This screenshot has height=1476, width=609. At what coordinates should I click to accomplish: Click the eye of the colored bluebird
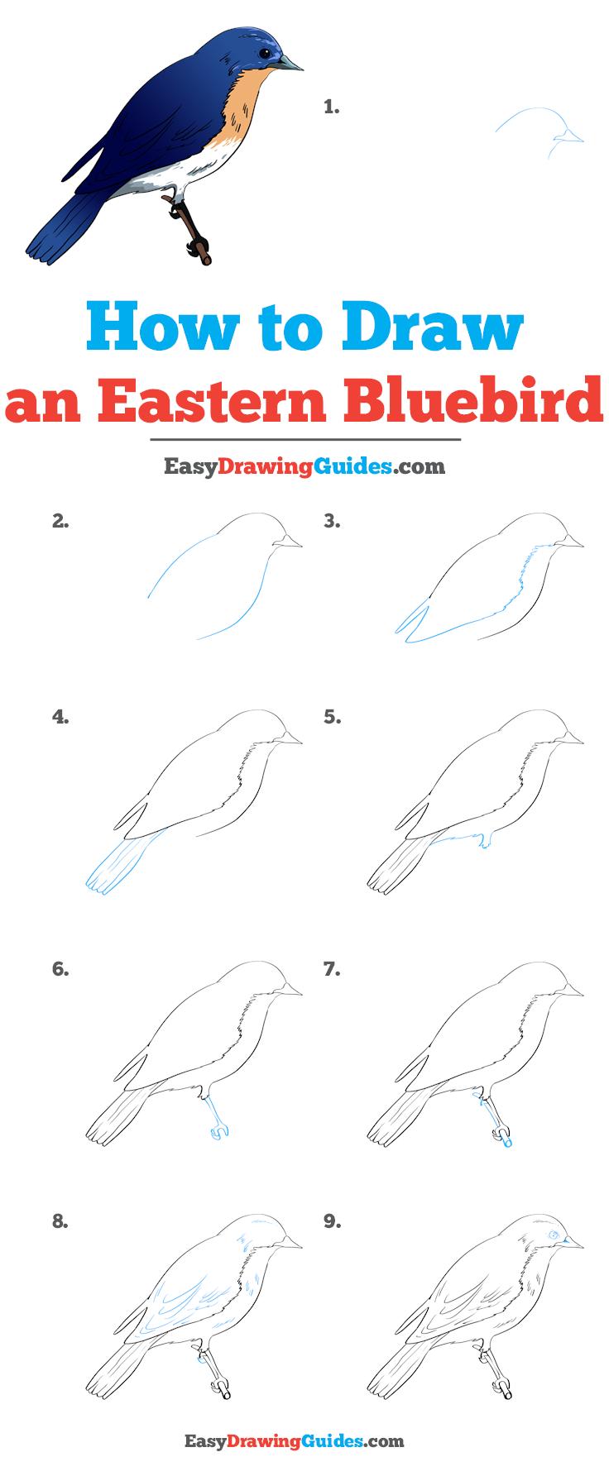coord(264,54)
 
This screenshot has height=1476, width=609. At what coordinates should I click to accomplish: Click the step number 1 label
coord(332,107)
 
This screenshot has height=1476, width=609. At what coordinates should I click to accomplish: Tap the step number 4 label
coord(60,718)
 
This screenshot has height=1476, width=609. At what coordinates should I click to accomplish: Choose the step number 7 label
coord(332,969)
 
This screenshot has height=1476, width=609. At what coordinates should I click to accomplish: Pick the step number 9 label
coord(332,1220)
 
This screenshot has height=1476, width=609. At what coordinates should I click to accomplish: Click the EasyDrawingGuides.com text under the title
coord(304,466)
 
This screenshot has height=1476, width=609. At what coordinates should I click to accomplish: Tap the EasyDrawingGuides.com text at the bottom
coord(304,1442)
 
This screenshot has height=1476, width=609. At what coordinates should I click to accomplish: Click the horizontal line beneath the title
coord(304,439)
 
